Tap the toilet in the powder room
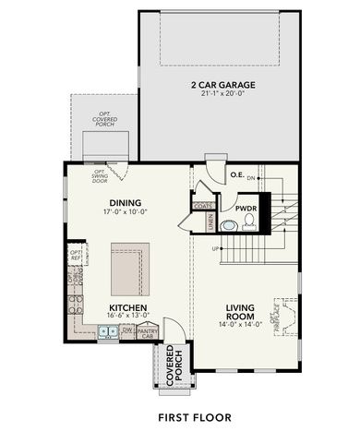(246, 223)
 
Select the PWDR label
(245, 209)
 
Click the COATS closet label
(203, 206)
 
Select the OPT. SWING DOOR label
(99, 177)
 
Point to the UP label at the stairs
(216, 249)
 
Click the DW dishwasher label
(126, 329)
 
